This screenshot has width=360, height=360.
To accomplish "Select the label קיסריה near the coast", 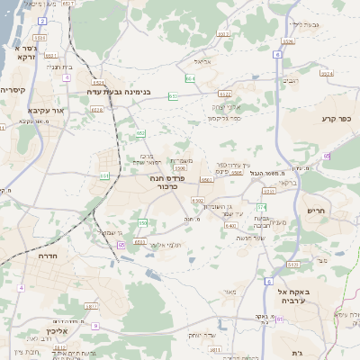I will [12, 90].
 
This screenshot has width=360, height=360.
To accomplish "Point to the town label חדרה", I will [48, 256].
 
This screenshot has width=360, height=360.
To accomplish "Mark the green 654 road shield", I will [190, 78].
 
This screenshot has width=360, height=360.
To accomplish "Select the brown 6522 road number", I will [224, 94].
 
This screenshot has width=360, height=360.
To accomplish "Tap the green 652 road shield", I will [141, 133].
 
